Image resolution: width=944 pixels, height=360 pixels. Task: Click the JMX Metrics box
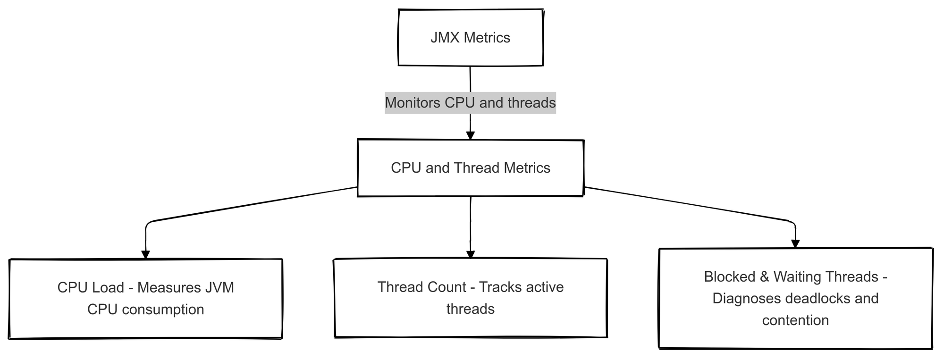click(470, 38)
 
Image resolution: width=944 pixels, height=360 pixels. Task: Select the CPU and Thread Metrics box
click(470, 168)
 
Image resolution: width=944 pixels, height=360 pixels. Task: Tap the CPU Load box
click(145, 298)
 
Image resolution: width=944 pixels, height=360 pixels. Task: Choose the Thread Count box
click(470, 298)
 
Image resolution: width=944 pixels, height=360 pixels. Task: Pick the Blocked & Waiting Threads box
click(795, 298)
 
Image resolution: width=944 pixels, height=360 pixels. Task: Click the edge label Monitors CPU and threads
click(470, 102)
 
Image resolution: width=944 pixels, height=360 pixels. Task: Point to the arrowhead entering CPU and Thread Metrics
click(470, 135)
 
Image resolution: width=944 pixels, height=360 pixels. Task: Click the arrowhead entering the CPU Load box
click(145, 254)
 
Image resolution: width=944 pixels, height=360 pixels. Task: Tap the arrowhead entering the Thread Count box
click(470, 254)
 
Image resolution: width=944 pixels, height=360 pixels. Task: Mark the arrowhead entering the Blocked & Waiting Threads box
click(795, 244)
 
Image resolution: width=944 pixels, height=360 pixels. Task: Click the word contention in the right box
click(795, 320)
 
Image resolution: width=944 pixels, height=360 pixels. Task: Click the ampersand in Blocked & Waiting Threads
click(765, 276)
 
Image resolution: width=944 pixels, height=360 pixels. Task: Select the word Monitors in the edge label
click(413, 102)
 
